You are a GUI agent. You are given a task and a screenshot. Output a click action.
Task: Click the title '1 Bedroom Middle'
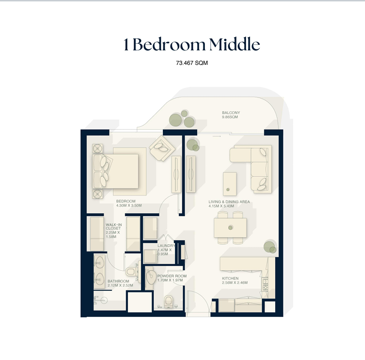[x=192, y=44]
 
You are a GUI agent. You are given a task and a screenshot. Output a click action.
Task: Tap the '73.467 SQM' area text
[x=192, y=63]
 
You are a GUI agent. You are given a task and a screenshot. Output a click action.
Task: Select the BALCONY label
[x=231, y=112]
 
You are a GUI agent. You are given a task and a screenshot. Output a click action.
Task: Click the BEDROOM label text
[x=126, y=201]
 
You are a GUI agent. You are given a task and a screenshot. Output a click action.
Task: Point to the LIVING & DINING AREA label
[x=229, y=202]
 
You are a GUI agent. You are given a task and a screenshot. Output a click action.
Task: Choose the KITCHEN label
[x=230, y=279]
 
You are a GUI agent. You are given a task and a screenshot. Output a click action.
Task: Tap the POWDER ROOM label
[x=172, y=276]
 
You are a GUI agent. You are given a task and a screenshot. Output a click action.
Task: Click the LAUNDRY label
[x=166, y=246]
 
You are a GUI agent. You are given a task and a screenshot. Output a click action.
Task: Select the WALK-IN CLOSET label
[x=114, y=227]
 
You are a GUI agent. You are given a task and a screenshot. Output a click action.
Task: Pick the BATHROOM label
[x=119, y=281]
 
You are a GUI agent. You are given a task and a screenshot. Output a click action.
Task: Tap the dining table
[x=230, y=228]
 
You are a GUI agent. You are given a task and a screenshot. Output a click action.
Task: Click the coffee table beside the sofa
[x=230, y=184]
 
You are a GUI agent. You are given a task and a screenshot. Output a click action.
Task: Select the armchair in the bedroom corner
[x=162, y=148]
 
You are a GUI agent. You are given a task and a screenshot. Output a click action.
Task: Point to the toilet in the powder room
[x=168, y=301]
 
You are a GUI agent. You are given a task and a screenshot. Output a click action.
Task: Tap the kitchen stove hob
[x=265, y=284]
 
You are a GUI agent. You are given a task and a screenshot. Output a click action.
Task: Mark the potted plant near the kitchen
[x=270, y=247]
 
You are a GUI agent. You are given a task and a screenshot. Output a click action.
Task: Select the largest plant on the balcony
[x=176, y=120]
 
